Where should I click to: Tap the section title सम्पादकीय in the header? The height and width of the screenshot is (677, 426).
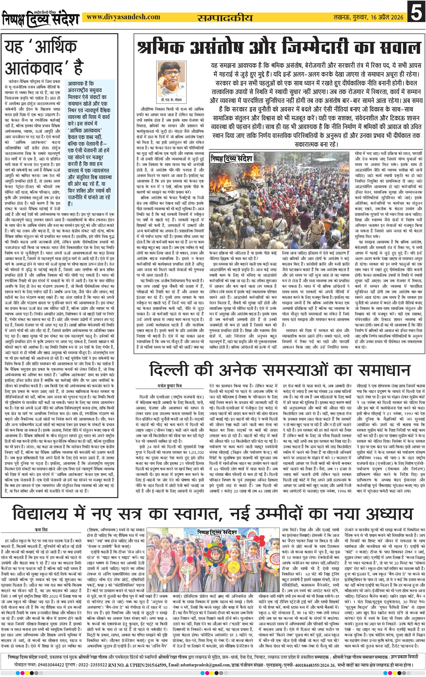pos(225,17)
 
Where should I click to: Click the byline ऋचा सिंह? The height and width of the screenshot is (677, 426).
pos(41,530)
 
